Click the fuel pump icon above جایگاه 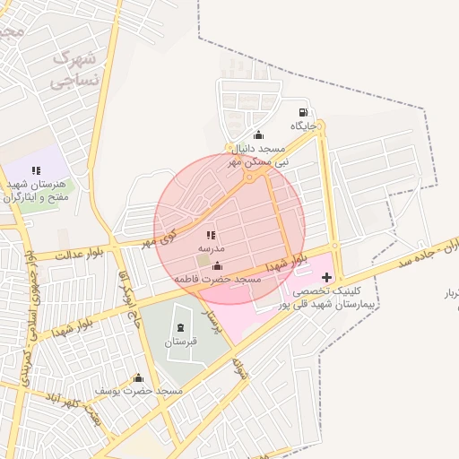304,113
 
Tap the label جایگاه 305,127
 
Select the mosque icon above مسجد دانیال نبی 259,134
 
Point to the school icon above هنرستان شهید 36,169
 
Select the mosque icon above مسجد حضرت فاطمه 217,265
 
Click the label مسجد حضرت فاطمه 217,280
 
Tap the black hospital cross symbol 326,277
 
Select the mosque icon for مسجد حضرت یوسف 138,377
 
